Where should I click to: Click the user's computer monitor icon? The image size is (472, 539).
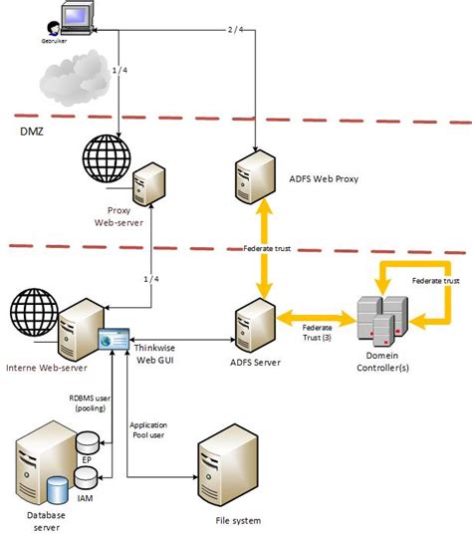(x=77, y=17)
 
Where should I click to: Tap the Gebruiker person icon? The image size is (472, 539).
(x=54, y=29)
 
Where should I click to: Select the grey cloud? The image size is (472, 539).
(x=75, y=79)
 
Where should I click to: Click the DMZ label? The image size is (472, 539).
(x=32, y=132)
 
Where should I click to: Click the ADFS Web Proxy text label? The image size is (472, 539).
(x=324, y=178)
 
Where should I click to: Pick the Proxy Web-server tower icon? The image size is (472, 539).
(x=149, y=184)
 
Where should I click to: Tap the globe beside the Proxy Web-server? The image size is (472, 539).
(x=107, y=158)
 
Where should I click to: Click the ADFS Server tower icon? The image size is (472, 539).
(x=255, y=326)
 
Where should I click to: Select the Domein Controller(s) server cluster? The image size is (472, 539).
(x=382, y=321)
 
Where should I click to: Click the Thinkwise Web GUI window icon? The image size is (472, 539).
(x=115, y=339)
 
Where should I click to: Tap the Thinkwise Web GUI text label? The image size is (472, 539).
(x=154, y=354)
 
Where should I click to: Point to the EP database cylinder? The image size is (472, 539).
(x=88, y=442)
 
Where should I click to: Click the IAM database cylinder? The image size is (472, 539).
(x=86, y=478)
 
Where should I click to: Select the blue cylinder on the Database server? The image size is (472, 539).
(x=58, y=490)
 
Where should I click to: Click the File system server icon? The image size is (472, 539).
(x=227, y=464)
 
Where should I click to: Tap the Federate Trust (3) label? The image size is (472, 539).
(x=317, y=333)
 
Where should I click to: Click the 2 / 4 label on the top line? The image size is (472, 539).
(x=236, y=30)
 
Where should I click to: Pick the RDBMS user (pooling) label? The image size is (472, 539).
(x=90, y=404)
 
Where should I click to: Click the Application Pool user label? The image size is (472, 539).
(x=148, y=430)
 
